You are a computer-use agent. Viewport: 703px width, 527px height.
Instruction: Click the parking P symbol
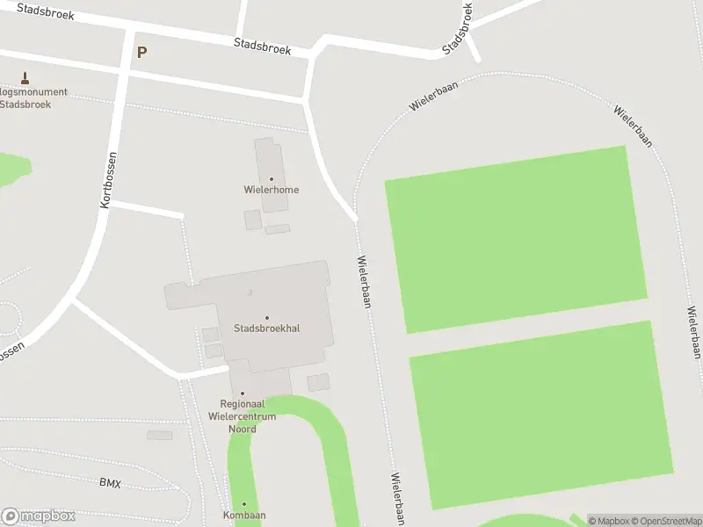pos(141,52)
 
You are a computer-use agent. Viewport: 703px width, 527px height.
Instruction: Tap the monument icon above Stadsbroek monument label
pos(24,77)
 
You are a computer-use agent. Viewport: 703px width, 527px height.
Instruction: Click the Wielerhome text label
pos(272,190)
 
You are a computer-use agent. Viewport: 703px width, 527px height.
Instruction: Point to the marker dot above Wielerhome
pos(272,179)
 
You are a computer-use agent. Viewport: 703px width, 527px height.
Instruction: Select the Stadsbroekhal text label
pos(267,328)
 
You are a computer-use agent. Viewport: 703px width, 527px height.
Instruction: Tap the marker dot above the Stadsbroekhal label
pos(267,318)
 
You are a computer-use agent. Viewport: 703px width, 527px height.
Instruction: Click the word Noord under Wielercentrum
pos(243,430)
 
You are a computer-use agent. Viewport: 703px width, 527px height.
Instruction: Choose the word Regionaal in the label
pos(243,404)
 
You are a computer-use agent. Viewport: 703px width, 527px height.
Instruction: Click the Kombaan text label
pos(244,516)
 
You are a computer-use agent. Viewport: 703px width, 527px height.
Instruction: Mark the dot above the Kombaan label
pos(244,505)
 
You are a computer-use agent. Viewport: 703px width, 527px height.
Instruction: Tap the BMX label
pos(110,483)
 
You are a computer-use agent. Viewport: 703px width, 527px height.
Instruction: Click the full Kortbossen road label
pos(109,179)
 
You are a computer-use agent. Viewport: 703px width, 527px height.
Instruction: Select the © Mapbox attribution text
pos(607,521)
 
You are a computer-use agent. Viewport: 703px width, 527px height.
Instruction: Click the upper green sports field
pos(516,239)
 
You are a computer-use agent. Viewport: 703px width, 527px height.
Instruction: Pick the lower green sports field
pos(541,415)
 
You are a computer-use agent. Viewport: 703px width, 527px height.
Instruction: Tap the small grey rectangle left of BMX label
pos(160,436)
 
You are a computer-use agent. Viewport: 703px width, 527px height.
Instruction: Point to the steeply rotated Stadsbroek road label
pos(458,27)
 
